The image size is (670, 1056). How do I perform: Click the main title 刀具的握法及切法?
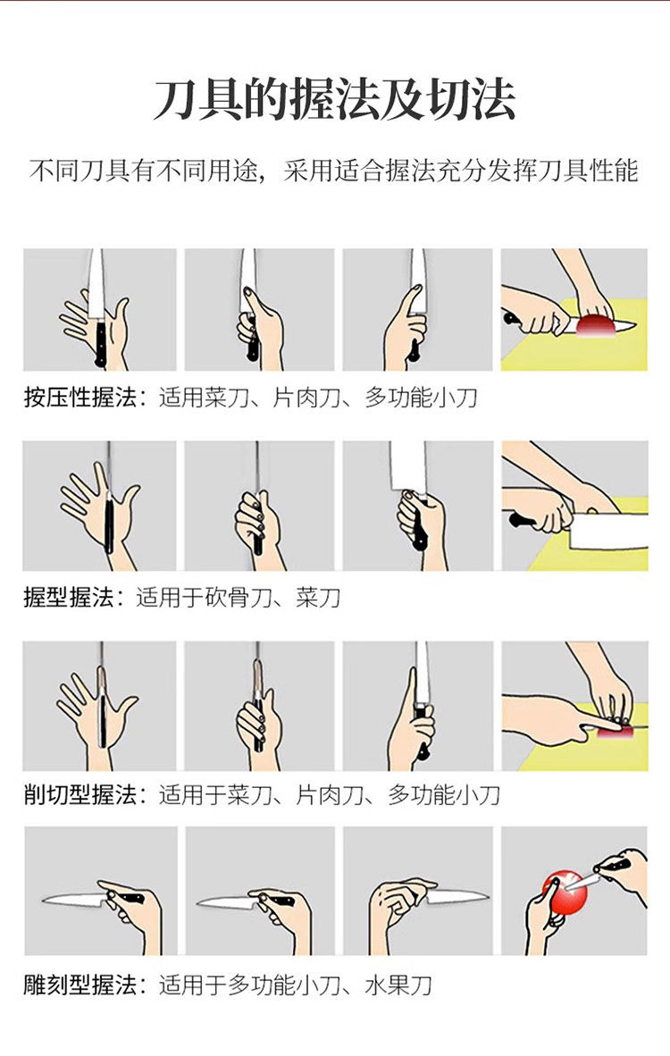coord(335,100)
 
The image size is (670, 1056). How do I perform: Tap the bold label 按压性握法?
coord(80,398)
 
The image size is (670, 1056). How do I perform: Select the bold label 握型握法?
coord(69,597)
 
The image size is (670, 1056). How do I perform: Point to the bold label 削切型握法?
coord(80,795)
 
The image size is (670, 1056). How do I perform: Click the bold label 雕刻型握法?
coord(80,985)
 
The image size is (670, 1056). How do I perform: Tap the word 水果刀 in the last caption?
coord(398,985)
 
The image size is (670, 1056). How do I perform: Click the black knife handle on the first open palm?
coord(100,344)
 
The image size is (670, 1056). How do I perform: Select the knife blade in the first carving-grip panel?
coord(74,899)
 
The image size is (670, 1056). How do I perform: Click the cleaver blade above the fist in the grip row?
coord(408,466)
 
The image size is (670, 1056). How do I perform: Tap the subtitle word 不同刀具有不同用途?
coord(144,171)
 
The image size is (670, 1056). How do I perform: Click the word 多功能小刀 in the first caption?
coord(421,398)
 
